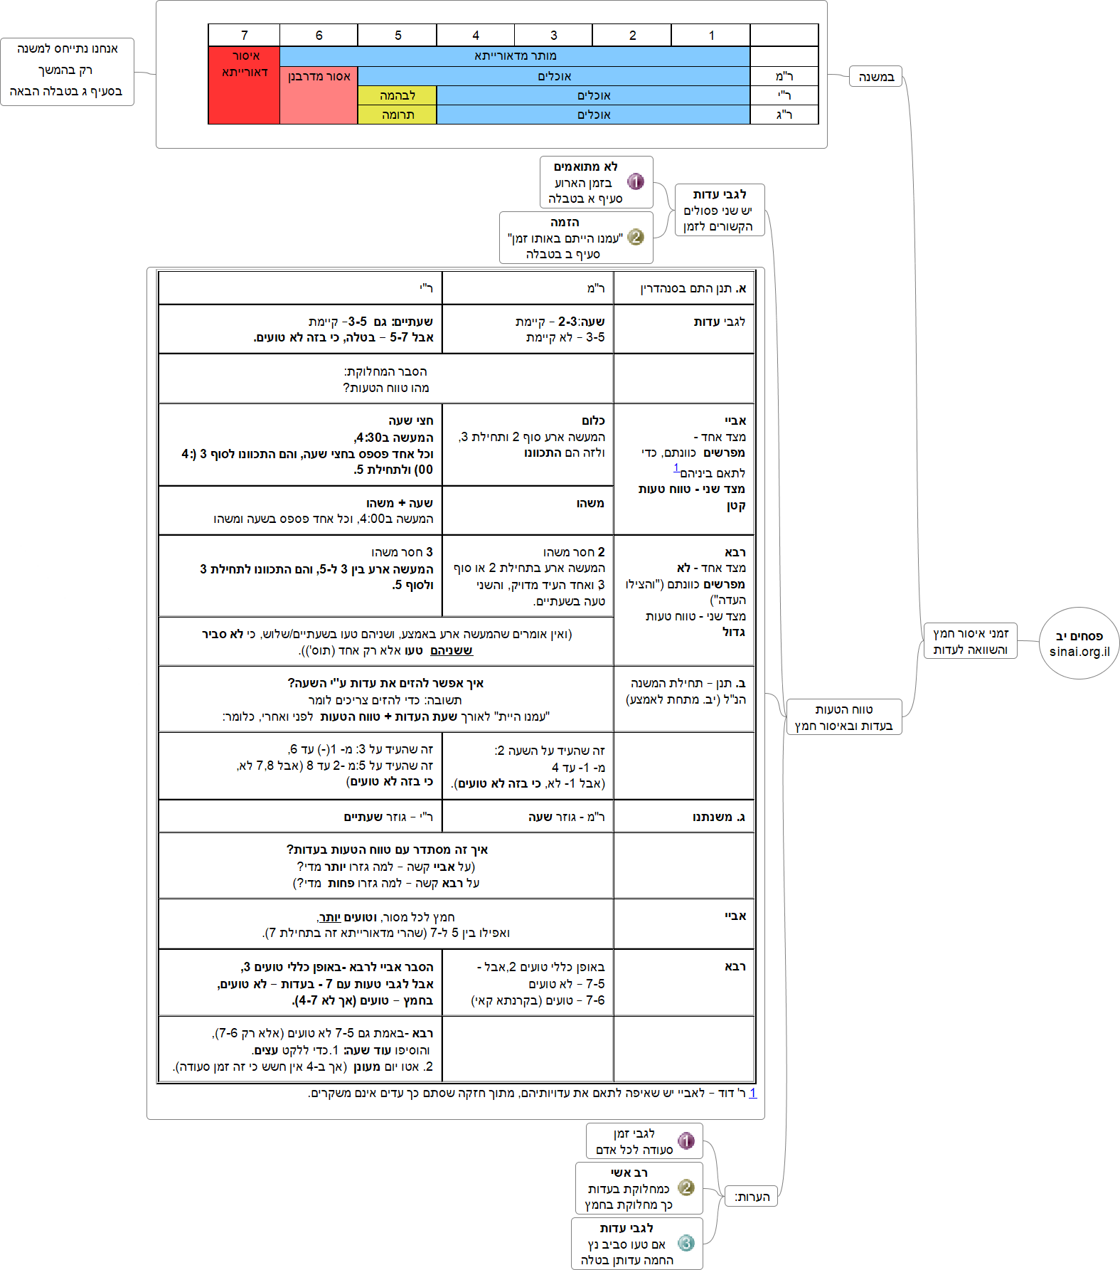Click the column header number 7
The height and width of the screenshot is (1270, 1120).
coord(244,36)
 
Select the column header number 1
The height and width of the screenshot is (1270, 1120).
coord(711,36)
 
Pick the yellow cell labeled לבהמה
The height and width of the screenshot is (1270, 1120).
coord(397,95)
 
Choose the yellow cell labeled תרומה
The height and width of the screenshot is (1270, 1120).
coord(397,115)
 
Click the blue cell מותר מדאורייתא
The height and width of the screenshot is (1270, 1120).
coord(515,56)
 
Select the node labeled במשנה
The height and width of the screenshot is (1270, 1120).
coord(875,77)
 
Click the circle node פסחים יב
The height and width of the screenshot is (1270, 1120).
coord(1079,643)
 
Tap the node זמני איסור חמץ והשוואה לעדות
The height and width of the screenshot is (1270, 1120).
coord(970,641)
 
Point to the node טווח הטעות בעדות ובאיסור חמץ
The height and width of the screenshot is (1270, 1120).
coord(843,717)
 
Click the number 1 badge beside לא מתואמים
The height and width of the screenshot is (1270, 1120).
coord(636,182)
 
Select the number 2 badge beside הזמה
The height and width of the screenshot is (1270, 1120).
coord(636,237)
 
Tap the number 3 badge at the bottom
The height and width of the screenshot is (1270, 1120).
coord(686,1243)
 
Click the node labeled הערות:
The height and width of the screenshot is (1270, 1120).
coord(752,1197)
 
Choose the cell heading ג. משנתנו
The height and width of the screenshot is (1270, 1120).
coord(719,817)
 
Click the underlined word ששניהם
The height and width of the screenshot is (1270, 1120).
coord(452,650)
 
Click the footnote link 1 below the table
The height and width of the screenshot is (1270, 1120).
coord(752,1093)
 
